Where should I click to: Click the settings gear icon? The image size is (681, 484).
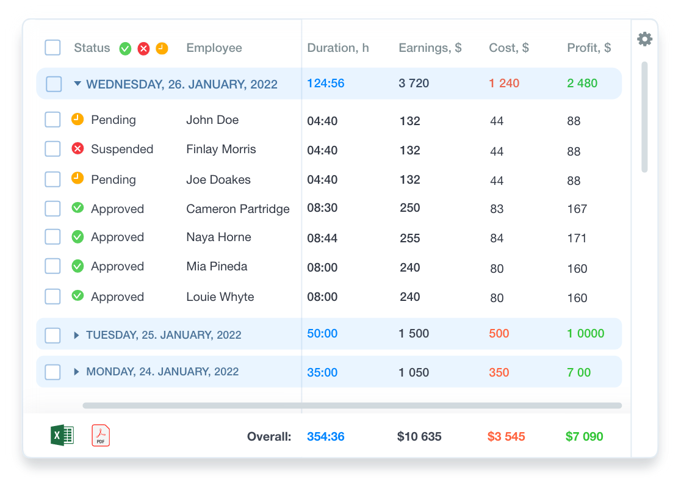point(644,39)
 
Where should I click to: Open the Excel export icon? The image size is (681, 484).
point(62,435)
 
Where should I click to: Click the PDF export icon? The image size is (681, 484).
point(101,435)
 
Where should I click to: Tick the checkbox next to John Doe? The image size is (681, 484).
point(52,120)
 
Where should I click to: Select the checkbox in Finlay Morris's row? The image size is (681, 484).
point(52,148)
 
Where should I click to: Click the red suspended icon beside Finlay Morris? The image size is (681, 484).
point(77,148)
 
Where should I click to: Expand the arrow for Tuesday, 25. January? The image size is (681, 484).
point(76,335)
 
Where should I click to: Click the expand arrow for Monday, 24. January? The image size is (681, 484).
point(76,372)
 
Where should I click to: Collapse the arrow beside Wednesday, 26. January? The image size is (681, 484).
point(77,84)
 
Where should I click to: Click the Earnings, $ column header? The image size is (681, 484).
point(430,48)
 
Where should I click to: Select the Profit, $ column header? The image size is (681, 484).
point(589,48)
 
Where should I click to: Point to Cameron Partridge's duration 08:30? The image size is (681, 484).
point(322,208)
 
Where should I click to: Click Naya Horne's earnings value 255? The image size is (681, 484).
point(409,238)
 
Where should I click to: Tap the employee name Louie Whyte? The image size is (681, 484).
point(220,297)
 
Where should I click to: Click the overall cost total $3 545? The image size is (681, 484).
point(506,436)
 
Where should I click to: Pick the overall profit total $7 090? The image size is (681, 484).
point(584,436)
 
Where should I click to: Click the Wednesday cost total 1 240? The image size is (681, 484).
point(504,83)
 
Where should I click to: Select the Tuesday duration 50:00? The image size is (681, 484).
point(322,333)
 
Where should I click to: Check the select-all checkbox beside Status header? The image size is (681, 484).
point(52,48)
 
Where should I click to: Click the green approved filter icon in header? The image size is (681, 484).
point(126,49)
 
